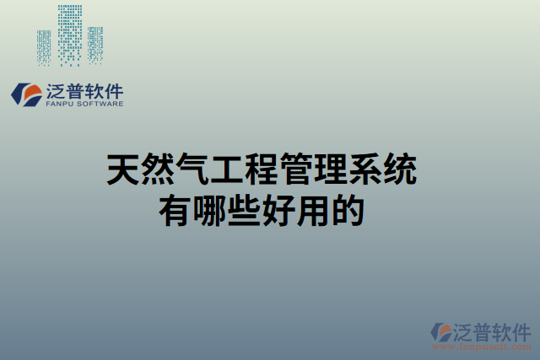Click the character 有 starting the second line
click(x=175, y=209)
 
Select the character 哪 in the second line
click(x=210, y=209)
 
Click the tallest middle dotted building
click(x=71, y=34)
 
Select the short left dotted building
click(x=44, y=47)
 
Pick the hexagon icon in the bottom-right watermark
click(x=442, y=331)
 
